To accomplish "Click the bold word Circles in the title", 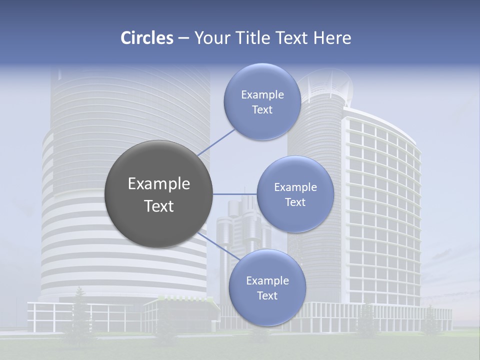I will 147,38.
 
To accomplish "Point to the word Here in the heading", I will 332,38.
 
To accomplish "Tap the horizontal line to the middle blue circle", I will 235,194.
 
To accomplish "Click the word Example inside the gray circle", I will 159,184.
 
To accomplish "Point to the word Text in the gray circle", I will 159,206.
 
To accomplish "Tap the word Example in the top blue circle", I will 262,95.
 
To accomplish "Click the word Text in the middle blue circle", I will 295,202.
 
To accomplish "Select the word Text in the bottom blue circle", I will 267,295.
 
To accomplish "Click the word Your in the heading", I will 209,38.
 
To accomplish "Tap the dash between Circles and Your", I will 183,38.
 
